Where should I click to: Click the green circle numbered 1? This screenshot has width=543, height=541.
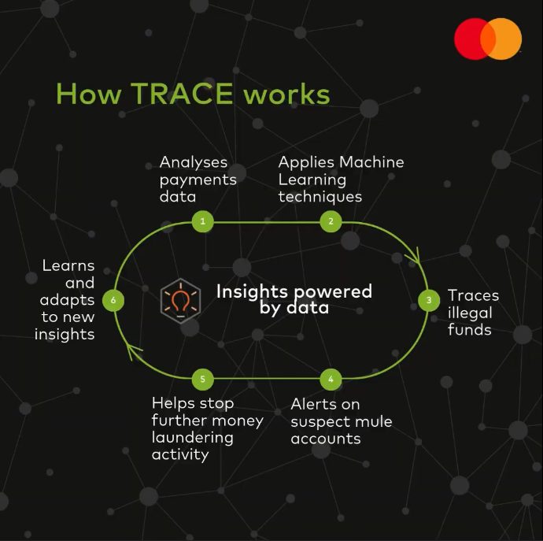pyautogui.click(x=203, y=221)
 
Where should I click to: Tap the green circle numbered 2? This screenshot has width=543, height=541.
pyautogui.click(x=331, y=221)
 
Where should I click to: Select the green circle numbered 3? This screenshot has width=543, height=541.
pyautogui.click(x=429, y=300)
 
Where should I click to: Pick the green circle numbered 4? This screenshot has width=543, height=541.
pyautogui.click(x=331, y=379)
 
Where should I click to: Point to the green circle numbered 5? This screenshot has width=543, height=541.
pyautogui.click(x=203, y=379)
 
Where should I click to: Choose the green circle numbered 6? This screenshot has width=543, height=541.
pyautogui.click(x=113, y=300)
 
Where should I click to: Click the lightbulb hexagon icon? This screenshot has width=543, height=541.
pyautogui.click(x=180, y=301)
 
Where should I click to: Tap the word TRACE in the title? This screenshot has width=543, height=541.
pyautogui.click(x=182, y=93)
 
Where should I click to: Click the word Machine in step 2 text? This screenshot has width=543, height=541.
pyautogui.click(x=371, y=162)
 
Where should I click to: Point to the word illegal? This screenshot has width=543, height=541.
pyautogui.click(x=470, y=313)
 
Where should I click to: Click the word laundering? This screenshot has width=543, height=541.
pyautogui.click(x=193, y=438)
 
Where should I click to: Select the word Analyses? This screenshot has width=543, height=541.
pyautogui.click(x=194, y=162)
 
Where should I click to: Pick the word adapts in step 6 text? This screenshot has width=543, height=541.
pyautogui.click(x=67, y=301)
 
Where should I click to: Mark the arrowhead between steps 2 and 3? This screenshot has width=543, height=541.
pyautogui.click(x=415, y=257)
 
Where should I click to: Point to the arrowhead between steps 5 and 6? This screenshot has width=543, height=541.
pyautogui.click(x=132, y=350)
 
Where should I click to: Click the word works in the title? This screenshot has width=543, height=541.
pyautogui.click(x=286, y=94)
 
